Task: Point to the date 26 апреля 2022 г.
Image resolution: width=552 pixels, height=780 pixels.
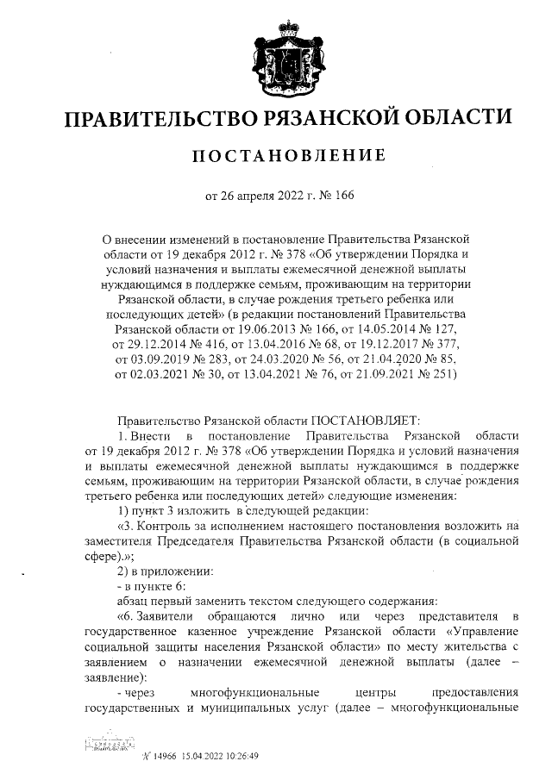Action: pos(260,196)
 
